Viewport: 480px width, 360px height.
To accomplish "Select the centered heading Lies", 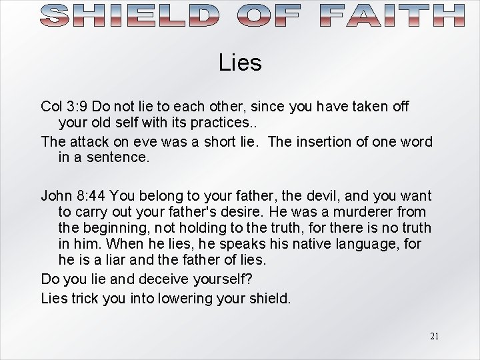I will click(x=240, y=63).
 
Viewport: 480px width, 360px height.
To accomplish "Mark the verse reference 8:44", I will click(x=93, y=196).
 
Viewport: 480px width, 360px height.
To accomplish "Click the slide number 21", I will click(x=434, y=336).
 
